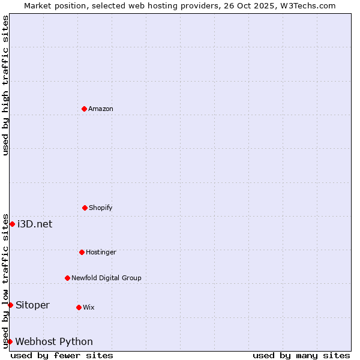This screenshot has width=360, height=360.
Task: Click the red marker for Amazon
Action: [84, 109]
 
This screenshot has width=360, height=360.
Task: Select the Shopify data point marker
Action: [85, 208]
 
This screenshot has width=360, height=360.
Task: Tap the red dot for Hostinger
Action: [82, 252]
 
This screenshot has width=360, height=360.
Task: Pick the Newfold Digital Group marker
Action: [67, 278]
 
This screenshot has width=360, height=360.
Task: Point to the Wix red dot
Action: [79, 307]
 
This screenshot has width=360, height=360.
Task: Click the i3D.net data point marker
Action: [12, 224]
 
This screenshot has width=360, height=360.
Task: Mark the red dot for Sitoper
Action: [10, 305]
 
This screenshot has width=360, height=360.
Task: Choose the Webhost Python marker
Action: [10, 341]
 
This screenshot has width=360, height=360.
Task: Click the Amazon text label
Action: [101, 109]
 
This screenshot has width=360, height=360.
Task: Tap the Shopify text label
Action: [101, 208]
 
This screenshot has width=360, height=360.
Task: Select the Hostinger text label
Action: [101, 252]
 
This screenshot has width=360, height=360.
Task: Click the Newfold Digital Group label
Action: [106, 278]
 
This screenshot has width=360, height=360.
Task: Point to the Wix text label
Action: [89, 307]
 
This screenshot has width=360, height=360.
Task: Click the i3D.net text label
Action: [35, 224]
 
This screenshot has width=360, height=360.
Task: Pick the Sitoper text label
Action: [32, 305]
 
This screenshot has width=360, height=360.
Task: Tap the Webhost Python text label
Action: [54, 341]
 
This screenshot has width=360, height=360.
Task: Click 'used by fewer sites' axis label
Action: [62, 355]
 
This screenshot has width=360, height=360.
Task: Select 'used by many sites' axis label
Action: [301, 355]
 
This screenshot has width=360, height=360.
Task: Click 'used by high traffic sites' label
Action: [6, 85]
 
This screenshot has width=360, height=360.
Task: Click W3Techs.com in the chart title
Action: [307, 5]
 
